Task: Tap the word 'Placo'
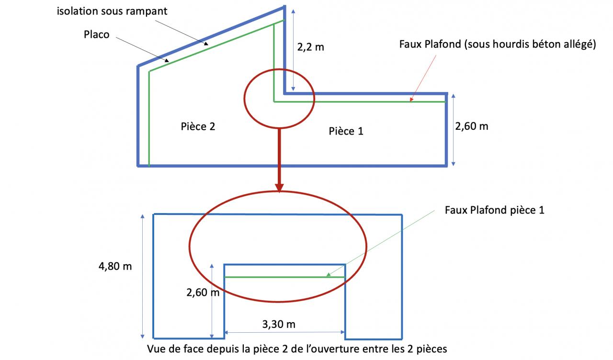[97, 34]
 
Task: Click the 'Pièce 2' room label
[198, 126]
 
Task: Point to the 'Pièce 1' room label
[346, 131]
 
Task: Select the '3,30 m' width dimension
[279, 324]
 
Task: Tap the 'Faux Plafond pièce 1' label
[494, 210]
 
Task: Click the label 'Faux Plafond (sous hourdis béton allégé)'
[497, 45]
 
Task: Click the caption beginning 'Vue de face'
[297, 349]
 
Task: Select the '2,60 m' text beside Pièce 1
[472, 126]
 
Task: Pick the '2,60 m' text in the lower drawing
[203, 292]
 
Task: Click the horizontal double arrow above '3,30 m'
[285, 332]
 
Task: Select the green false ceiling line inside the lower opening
[285, 277]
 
